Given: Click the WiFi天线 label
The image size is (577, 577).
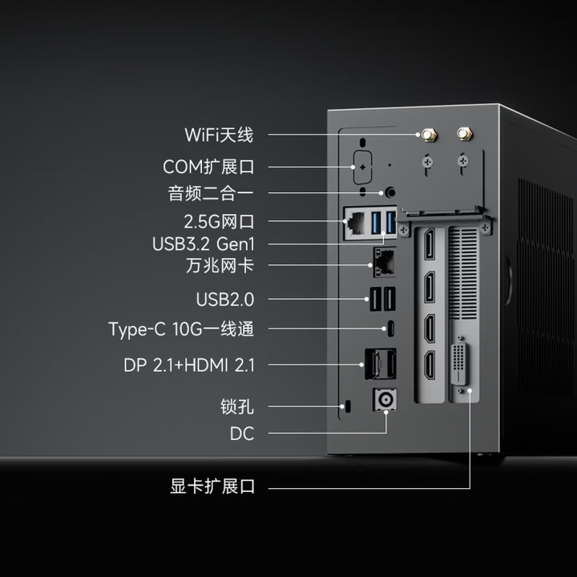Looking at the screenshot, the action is click(x=219, y=135).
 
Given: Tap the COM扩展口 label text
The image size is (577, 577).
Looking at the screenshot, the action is click(x=208, y=167).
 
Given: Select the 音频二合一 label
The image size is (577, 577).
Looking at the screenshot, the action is click(x=211, y=193).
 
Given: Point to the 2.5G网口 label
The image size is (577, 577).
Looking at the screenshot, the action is click(x=219, y=221).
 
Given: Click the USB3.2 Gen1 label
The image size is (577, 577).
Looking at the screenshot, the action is click(x=203, y=244).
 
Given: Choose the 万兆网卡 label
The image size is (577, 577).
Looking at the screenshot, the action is click(x=220, y=265).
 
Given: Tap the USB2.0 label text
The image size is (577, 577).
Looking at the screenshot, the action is click(x=225, y=300).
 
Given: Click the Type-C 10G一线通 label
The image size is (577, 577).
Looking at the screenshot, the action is click(x=181, y=329).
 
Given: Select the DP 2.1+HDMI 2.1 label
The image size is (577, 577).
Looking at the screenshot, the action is click(x=189, y=365).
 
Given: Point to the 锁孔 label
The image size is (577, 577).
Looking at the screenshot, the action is click(x=237, y=407).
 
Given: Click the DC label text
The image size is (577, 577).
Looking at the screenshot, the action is click(x=242, y=434).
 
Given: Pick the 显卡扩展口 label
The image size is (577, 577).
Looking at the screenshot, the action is click(x=212, y=486).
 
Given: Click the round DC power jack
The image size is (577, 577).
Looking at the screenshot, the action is click(x=385, y=400).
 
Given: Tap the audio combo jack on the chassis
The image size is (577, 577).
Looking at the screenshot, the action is click(x=390, y=192).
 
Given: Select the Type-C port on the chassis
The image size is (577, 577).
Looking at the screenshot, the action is click(x=391, y=329).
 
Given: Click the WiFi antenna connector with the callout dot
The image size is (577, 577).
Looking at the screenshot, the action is click(x=428, y=135).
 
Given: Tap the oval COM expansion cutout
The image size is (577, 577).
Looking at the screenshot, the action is click(x=362, y=167).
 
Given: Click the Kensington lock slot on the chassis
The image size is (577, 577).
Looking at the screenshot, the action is click(x=348, y=406).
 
